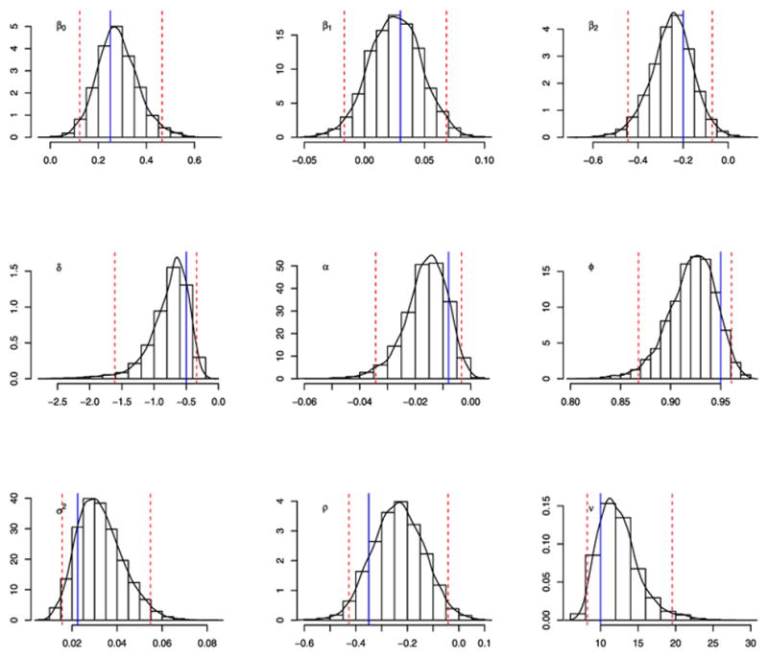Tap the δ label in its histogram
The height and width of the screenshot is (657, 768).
pyautogui.click(x=60, y=268)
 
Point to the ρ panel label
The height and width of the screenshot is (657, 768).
pyautogui.click(x=325, y=508)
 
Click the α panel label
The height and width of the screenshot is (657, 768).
pyautogui.click(x=325, y=268)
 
